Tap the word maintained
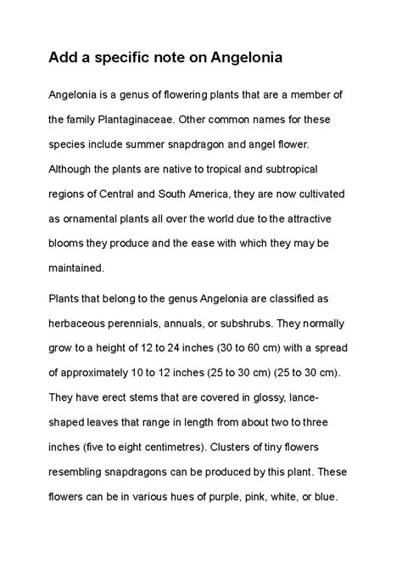pyautogui.click(x=75, y=267)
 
